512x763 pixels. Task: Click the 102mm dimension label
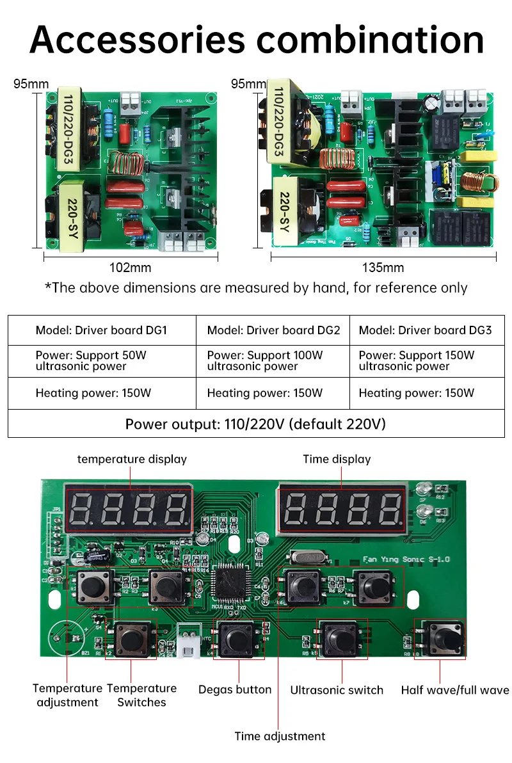(x=131, y=267)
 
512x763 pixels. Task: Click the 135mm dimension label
(x=383, y=267)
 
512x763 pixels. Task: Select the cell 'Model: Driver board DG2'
(x=273, y=330)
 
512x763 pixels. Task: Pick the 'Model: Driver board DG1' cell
(x=101, y=330)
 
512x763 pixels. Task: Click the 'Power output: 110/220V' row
(x=255, y=424)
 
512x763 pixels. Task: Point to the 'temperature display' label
(x=132, y=459)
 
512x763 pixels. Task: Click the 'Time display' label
(x=337, y=459)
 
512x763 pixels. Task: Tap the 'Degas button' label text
(x=235, y=689)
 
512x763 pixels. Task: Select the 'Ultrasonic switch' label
(x=337, y=690)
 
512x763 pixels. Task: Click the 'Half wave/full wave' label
(x=455, y=690)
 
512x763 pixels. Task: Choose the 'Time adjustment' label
(x=280, y=736)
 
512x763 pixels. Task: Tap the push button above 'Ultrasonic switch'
(x=340, y=638)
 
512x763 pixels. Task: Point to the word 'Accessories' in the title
(x=137, y=39)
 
